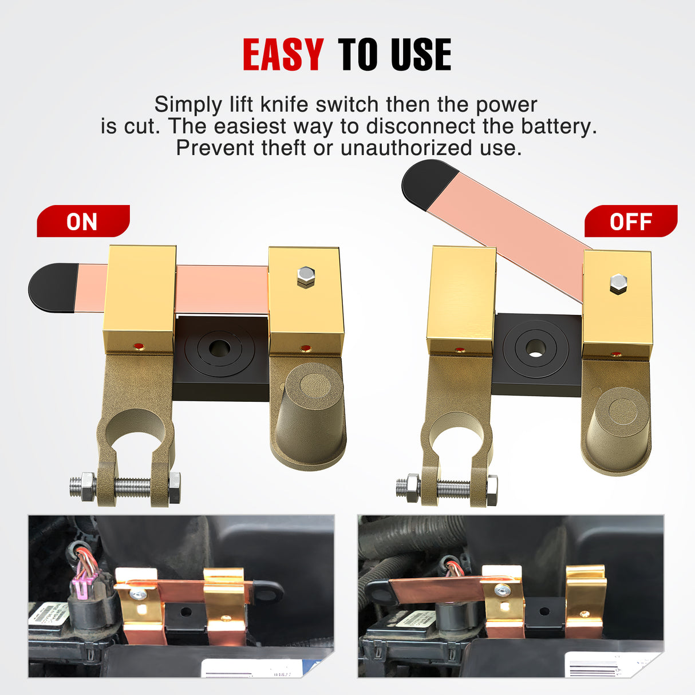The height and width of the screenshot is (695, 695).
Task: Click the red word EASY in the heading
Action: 283,55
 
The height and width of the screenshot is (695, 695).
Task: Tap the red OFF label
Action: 630,222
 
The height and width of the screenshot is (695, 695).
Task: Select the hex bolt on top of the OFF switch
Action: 618,283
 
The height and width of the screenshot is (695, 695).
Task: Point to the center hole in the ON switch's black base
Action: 219,347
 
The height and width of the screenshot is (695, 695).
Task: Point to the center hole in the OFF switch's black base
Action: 536,347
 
